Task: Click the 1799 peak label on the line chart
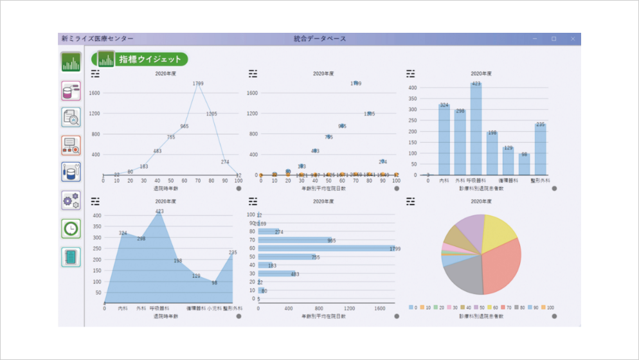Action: point(198,84)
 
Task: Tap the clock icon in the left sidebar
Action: point(71,228)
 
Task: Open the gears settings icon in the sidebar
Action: point(71,200)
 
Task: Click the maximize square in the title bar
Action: point(553,39)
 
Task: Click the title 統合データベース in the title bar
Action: point(319,39)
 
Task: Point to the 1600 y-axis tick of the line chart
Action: point(94,93)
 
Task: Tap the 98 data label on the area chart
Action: point(215,283)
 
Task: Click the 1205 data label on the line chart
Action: point(212,114)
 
